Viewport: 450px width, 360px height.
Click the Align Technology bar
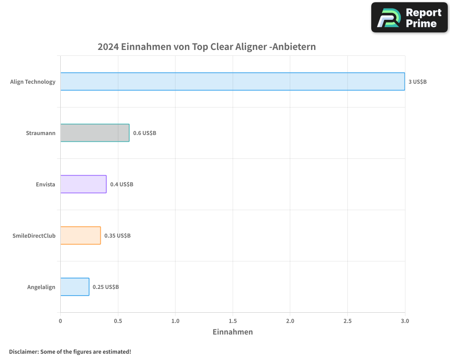(x=233, y=81)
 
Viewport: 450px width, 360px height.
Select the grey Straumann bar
(x=95, y=133)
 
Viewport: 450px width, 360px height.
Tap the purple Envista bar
(x=83, y=184)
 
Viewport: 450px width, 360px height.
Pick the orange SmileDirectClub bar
(x=81, y=235)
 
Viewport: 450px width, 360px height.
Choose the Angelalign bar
(x=75, y=287)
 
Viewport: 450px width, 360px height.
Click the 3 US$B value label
(x=417, y=82)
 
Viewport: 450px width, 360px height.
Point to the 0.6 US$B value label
(x=144, y=133)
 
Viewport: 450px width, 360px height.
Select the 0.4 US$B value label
(x=121, y=184)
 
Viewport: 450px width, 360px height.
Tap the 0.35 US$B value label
(x=117, y=236)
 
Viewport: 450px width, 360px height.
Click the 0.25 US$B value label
(x=106, y=287)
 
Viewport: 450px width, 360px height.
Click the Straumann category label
(x=40, y=133)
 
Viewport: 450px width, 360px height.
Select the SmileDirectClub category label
(x=34, y=236)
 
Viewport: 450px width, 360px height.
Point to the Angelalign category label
(x=41, y=287)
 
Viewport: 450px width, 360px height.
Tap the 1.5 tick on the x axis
(x=233, y=321)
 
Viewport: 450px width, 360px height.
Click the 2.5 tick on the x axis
(x=347, y=321)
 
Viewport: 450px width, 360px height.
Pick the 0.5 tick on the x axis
(x=118, y=321)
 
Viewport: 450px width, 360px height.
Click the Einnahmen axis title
(x=233, y=332)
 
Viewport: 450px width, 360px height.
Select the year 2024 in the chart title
(x=108, y=47)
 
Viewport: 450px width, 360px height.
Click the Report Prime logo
(x=409, y=18)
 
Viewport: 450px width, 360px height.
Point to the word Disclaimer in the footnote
(x=23, y=351)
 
